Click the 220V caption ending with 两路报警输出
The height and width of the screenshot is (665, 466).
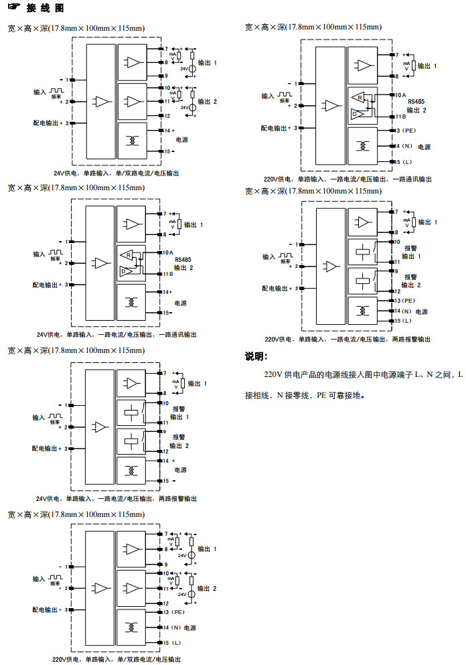347,340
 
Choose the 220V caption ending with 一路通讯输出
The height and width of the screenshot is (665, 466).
347,179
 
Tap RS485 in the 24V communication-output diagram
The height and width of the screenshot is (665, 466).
183,259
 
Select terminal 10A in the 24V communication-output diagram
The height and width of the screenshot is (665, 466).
167,252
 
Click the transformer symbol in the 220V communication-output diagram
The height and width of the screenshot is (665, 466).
364,145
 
